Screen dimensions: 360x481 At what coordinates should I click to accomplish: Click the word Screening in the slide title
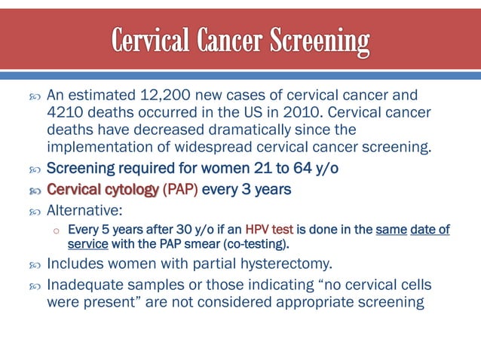point(316,42)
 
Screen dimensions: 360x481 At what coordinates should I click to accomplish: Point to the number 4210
point(65,112)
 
